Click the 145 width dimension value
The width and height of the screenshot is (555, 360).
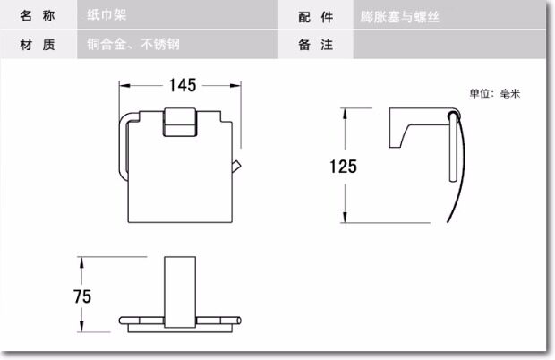pyautogui.click(x=182, y=86)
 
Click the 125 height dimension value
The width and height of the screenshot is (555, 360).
pyautogui.click(x=343, y=167)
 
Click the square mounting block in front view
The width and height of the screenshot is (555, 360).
pyautogui.click(x=182, y=122)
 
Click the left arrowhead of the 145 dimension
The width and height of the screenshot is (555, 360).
pyautogui.click(x=124, y=86)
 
